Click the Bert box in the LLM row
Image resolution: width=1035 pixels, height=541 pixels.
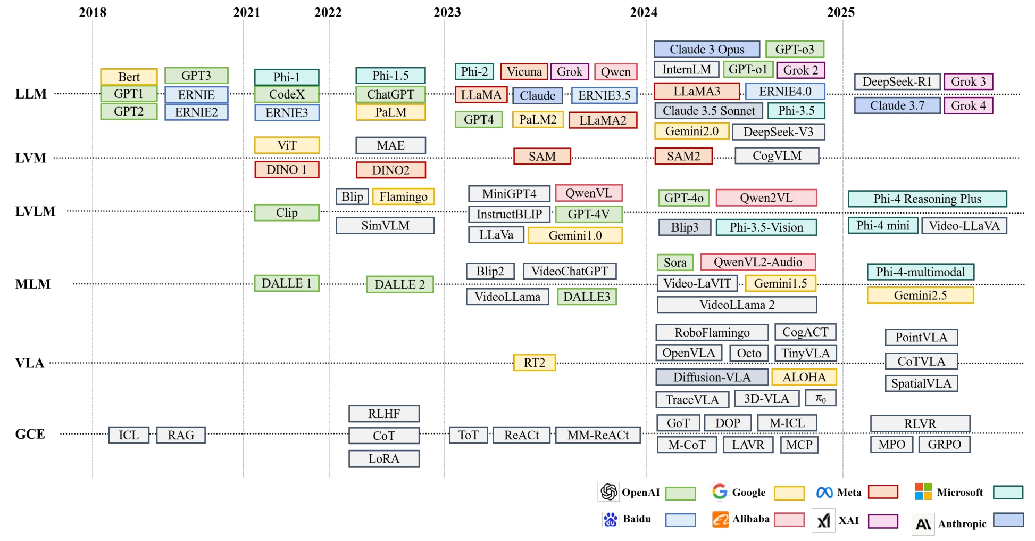[129, 77]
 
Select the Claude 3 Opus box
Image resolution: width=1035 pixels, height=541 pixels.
[707, 50]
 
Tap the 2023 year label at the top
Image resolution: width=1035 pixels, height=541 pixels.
[447, 12]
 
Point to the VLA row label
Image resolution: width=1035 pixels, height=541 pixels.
[30, 363]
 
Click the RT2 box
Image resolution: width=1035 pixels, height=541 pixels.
[535, 363]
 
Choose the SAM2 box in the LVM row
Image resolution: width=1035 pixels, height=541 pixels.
[683, 156]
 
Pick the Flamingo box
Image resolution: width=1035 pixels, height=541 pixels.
[404, 196]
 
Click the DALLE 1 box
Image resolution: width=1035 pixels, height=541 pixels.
[287, 283]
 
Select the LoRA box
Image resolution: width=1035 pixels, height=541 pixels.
[384, 458]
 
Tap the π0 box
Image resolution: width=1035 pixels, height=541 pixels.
[821, 398]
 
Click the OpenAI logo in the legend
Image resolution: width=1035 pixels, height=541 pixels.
[608, 492]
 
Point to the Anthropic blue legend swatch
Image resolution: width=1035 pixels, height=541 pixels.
[1008, 520]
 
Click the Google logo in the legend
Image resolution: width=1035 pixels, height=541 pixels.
[720, 491]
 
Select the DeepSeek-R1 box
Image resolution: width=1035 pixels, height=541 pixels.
[897, 81]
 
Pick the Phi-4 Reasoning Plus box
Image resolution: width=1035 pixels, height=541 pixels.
[927, 199]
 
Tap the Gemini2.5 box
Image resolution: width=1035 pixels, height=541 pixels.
[920, 296]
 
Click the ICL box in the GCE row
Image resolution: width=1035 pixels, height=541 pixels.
[129, 435]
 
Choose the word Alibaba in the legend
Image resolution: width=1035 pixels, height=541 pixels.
[750, 519]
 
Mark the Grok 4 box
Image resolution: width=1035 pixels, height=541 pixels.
[969, 105]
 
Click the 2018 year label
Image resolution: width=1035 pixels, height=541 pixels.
[93, 12]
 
